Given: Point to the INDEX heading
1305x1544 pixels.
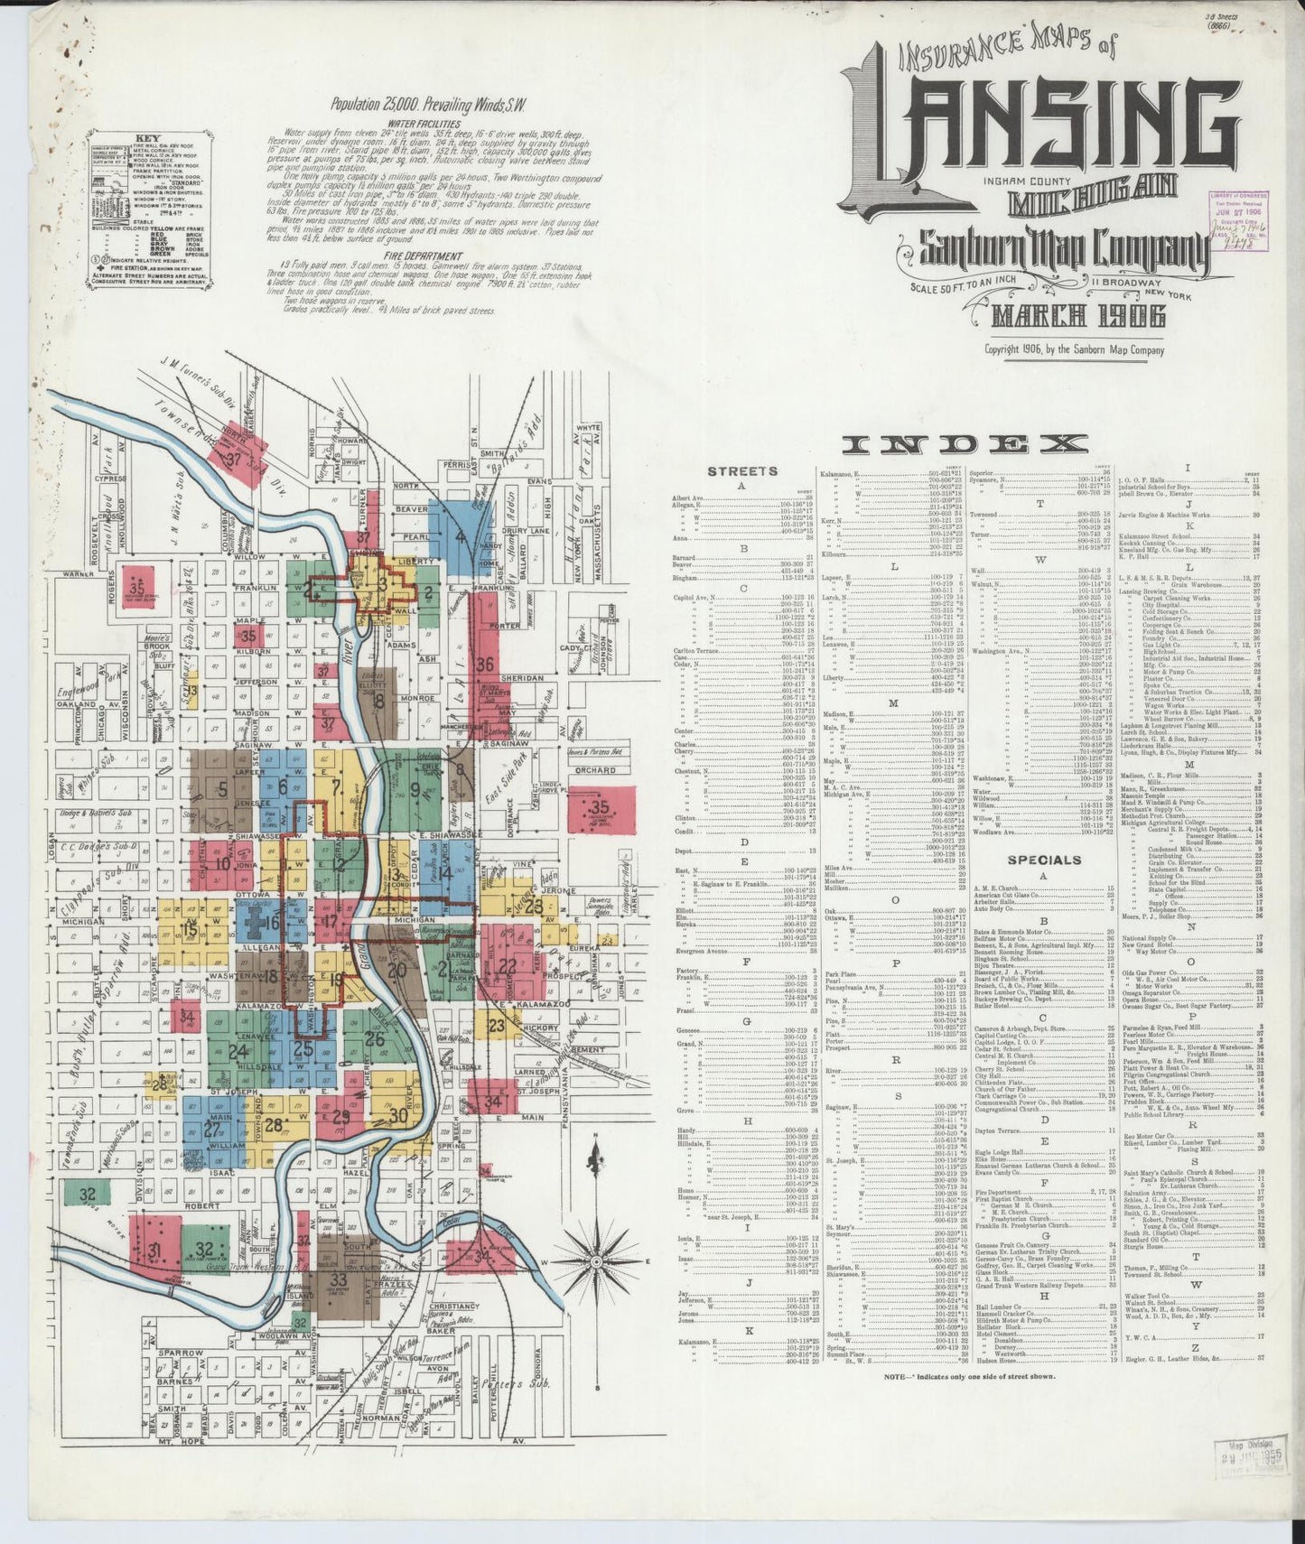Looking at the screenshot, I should pos(965,443).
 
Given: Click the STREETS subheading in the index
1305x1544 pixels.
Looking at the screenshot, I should pos(741,470).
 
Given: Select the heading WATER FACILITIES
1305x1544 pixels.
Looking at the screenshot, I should pos(424,124).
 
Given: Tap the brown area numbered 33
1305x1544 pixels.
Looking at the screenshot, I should pos(339,1279).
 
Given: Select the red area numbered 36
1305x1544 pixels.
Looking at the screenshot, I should pos(485,665).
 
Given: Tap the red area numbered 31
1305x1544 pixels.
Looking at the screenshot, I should pos(154,1251).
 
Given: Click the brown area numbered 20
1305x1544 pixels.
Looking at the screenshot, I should pos(397,972).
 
